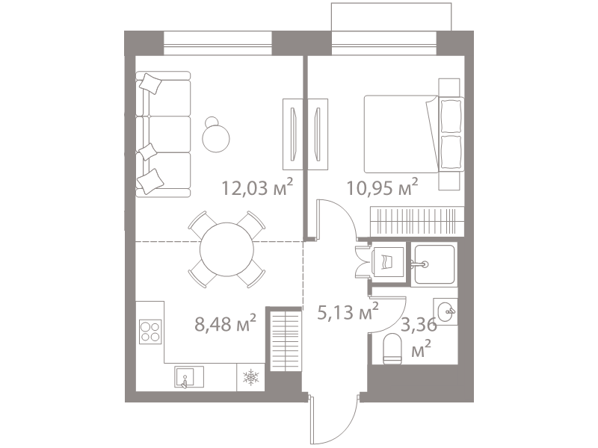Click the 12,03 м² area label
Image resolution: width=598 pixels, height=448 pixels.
pos(257,187)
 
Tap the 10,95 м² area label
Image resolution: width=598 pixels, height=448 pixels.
pos(382,187)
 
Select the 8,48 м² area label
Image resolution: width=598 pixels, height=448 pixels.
pos(225,324)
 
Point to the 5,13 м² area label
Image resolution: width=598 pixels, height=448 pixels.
pos(348,312)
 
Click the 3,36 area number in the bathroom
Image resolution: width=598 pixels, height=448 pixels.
pos(419,326)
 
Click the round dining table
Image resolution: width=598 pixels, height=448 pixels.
pos(227,249)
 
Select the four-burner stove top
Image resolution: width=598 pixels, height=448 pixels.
pos(150,332)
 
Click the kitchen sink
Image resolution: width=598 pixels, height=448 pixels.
pos(189,377)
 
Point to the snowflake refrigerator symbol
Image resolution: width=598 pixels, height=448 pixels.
pos(251,377)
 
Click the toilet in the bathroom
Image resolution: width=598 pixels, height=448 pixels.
pos(392,348)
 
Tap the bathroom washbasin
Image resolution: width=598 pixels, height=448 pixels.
pos(446,311)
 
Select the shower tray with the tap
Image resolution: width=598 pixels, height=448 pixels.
pos(434,264)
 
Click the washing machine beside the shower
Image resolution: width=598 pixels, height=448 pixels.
pos(387,262)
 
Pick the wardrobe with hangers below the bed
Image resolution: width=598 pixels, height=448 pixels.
pos(417,221)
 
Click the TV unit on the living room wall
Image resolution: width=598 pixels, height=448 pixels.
pos(292,134)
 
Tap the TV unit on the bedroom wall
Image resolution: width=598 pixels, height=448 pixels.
pos(318,134)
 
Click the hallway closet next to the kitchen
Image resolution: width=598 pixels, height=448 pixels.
pos(286,340)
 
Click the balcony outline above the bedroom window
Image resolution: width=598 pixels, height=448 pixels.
pos(392,4)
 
